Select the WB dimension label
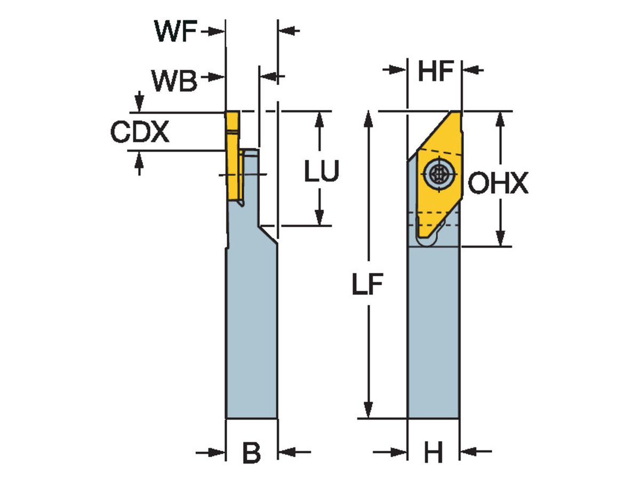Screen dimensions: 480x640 point(174,81)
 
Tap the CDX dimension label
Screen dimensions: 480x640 point(140,132)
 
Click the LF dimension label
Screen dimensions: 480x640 point(367,286)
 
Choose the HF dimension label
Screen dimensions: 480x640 point(435,71)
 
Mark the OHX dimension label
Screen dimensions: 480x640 point(498,184)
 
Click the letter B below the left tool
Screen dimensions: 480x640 point(251,453)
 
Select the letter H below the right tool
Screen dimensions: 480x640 point(433,453)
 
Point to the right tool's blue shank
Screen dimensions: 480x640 point(433,331)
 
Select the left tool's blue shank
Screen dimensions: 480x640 point(251,331)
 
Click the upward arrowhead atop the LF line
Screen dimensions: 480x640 point(367,119)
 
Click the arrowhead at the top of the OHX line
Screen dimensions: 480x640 point(500,119)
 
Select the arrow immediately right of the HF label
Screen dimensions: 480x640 point(472,70)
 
